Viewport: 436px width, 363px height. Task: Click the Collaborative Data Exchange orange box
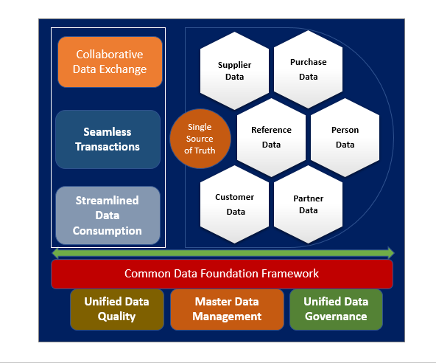[111, 62]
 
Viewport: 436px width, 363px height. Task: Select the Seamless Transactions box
[108, 139]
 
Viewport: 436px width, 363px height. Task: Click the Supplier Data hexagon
[235, 70]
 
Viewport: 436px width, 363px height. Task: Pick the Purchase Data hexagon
[309, 69]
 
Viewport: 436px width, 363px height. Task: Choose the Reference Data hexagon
[271, 137]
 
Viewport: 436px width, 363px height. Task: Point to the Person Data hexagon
[345, 137]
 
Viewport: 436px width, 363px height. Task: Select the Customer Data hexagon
[235, 204]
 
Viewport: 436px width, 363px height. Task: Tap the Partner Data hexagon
[309, 204]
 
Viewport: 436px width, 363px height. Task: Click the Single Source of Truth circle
[199, 139]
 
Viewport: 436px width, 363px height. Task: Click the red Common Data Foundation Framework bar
[222, 274]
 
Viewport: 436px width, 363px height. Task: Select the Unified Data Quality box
[116, 308]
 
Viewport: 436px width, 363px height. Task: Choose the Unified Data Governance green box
[336, 308]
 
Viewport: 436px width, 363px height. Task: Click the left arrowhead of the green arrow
[56, 253]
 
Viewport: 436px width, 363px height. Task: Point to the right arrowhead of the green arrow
[390, 253]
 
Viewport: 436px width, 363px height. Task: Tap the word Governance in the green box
[336, 317]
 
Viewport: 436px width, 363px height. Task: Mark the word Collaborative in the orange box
[111, 55]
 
